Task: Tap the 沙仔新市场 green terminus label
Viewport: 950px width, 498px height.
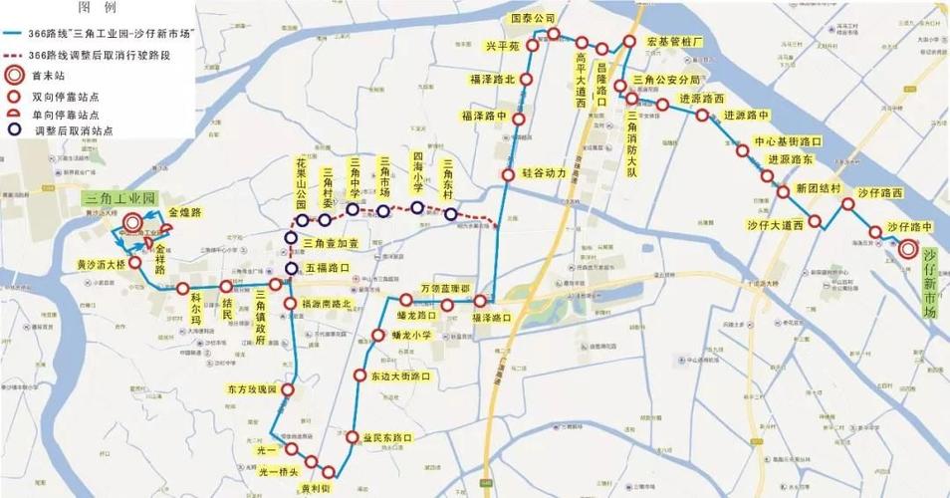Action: click(931, 284)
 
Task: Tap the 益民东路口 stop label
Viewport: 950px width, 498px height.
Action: click(388, 436)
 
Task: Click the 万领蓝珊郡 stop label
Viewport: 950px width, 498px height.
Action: click(444, 287)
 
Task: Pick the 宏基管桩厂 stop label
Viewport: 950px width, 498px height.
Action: click(675, 43)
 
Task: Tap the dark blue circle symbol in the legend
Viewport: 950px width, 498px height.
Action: click(14, 128)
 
